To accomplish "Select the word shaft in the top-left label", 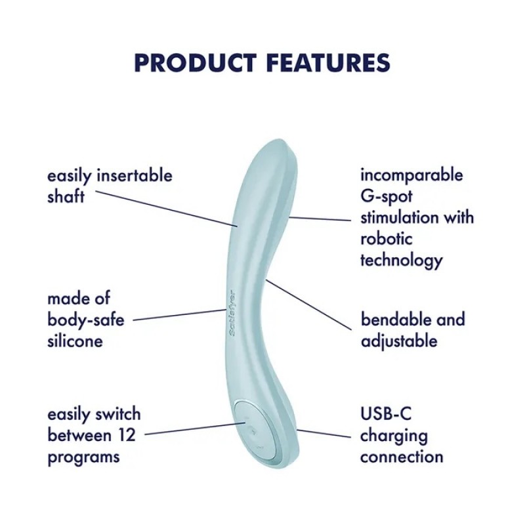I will [66, 196].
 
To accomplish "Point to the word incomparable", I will [411, 175].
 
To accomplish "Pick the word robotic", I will [387, 238].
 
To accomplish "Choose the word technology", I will [401, 260].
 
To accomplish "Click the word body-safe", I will [85, 320].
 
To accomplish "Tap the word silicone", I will [75, 341].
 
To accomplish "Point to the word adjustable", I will [399, 341].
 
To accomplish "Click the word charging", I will [394, 435].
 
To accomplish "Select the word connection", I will [402, 456].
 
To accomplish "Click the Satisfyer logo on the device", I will [233, 313].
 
